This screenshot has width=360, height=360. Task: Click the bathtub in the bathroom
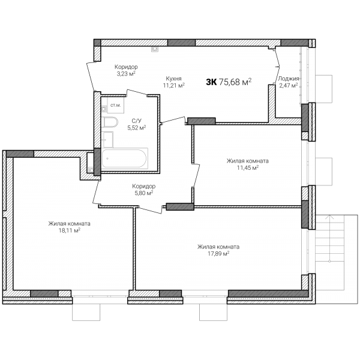click(x=124, y=158)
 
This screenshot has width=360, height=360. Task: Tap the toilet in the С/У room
click(x=109, y=122)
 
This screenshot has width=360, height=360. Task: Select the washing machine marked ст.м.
click(x=115, y=105)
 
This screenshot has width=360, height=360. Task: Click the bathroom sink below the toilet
click(x=107, y=140)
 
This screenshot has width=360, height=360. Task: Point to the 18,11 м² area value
click(x=70, y=230)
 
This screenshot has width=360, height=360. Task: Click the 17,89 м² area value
click(x=218, y=253)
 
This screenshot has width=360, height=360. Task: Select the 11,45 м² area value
click(x=248, y=167)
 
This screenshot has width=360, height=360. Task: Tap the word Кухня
click(x=174, y=79)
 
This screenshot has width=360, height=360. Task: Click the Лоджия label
click(x=289, y=79)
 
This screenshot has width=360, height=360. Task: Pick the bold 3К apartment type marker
click(x=211, y=82)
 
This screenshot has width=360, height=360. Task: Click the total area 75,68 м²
click(x=235, y=82)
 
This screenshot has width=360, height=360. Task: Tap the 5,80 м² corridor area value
click(x=144, y=193)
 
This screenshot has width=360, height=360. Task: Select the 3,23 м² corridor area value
click(x=126, y=74)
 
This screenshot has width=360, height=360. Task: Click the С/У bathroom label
click(x=137, y=121)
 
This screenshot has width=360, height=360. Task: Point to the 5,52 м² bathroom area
click(x=137, y=128)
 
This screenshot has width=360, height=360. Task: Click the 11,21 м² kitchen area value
click(x=174, y=85)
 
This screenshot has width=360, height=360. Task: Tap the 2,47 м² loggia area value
click(x=289, y=86)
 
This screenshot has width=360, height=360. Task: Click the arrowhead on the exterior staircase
click(x=329, y=217)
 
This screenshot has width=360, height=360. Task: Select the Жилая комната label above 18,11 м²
click(x=70, y=223)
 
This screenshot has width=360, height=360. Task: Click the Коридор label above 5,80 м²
click(x=144, y=186)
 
